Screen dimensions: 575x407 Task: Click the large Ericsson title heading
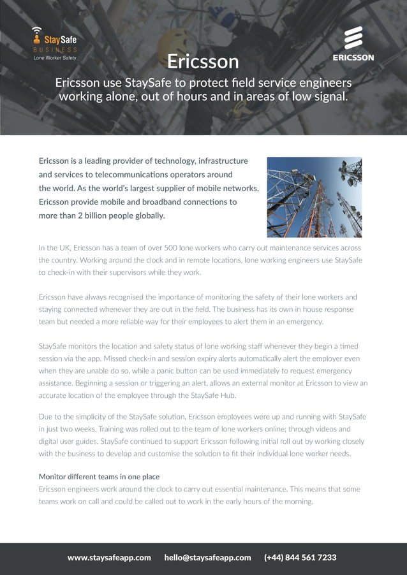(x=203, y=61)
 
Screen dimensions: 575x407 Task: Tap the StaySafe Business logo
(x=55, y=42)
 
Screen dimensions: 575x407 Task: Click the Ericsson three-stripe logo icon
(x=353, y=38)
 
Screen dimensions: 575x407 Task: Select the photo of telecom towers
(x=314, y=197)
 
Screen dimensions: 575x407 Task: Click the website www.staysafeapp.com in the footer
(x=109, y=557)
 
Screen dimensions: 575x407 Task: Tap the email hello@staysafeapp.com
(x=207, y=557)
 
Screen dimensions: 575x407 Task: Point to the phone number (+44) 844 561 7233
(x=300, y=557)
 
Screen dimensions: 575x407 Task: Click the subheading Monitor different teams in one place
(x=99, y=477)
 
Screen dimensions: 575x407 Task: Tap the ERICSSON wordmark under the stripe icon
(x=353, y=57)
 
